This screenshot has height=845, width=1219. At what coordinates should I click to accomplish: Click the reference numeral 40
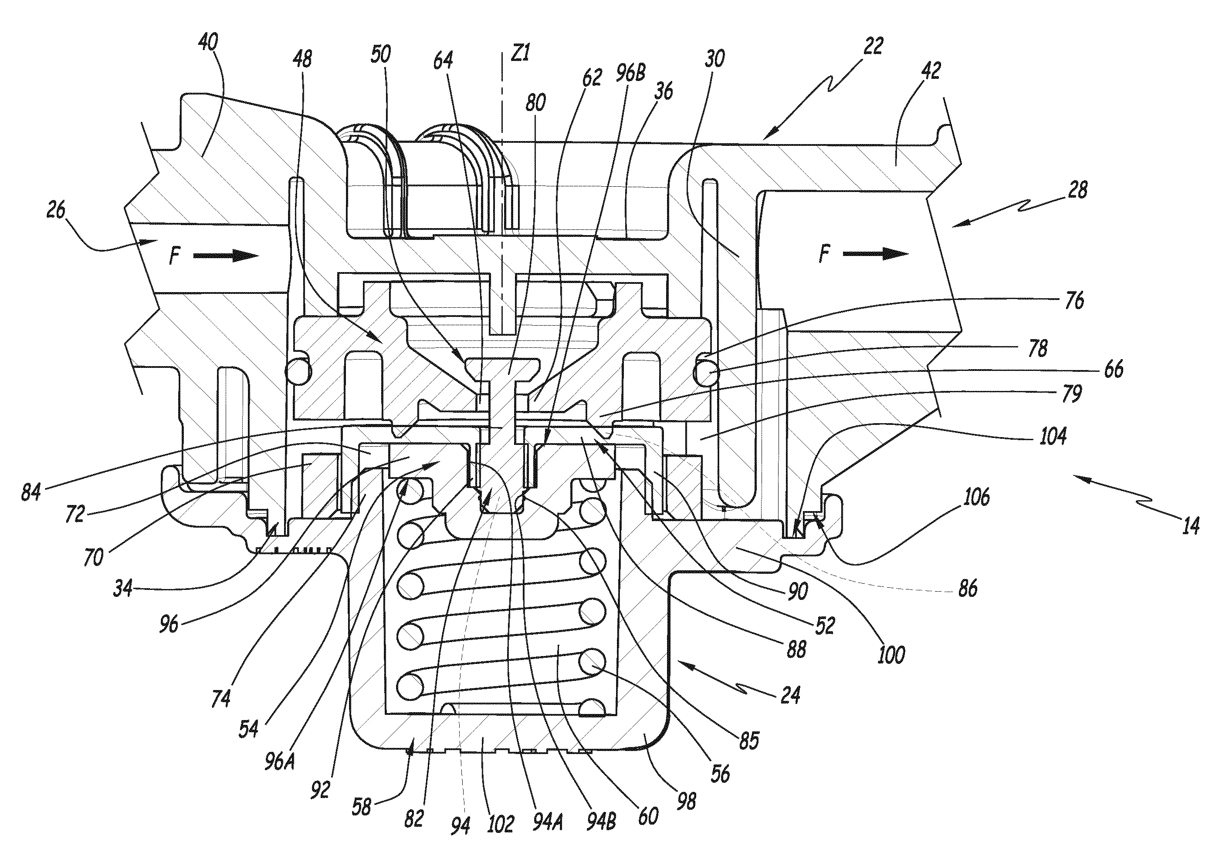[208, 42]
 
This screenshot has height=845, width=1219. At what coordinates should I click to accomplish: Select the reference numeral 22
[873, 46]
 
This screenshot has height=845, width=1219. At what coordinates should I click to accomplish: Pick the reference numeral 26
[56, 210]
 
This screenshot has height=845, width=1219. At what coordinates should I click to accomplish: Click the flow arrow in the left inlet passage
[226, 256]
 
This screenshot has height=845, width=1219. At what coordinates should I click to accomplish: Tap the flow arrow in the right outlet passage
[875, 254]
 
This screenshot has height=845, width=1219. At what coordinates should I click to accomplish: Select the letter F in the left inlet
[175, 257]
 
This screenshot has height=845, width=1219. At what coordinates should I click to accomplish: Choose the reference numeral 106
[976, 497]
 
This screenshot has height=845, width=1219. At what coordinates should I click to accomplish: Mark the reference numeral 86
[967, 588]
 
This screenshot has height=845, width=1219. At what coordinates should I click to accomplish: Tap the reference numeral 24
[790, 694]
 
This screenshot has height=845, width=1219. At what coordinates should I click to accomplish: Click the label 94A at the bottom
[548, 822]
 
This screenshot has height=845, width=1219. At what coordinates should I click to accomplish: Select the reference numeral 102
[500, 824]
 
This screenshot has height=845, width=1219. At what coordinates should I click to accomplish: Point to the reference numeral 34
[123, 588]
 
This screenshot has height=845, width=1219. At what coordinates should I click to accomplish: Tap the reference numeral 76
[1074, 301]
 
